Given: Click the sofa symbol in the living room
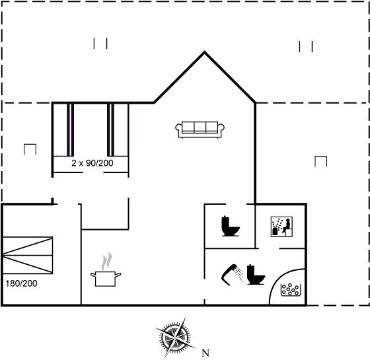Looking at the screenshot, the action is (200, 129).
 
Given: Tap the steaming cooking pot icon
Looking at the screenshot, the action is (106, 271).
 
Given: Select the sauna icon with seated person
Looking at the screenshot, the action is (281, 227).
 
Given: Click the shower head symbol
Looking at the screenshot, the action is (233, 274).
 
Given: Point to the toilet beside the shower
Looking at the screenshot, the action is (256, 275).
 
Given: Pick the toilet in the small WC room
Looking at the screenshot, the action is (231, 226).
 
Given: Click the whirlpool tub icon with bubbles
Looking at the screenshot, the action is (291, 290).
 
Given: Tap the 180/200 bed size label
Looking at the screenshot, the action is (21, 283).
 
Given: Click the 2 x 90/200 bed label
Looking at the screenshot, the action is (92, 163).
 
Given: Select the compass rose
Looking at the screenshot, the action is (175, 338).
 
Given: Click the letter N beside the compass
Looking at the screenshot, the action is (205, 353).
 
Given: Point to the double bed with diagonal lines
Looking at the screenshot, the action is (28, 255).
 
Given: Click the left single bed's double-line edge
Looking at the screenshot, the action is (70, 129).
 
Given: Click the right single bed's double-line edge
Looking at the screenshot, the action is (111, 129).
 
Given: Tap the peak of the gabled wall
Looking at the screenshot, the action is (204, 52).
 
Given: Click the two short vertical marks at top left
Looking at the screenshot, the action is (100, 44).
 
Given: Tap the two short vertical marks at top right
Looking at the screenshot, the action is (306, 46).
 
